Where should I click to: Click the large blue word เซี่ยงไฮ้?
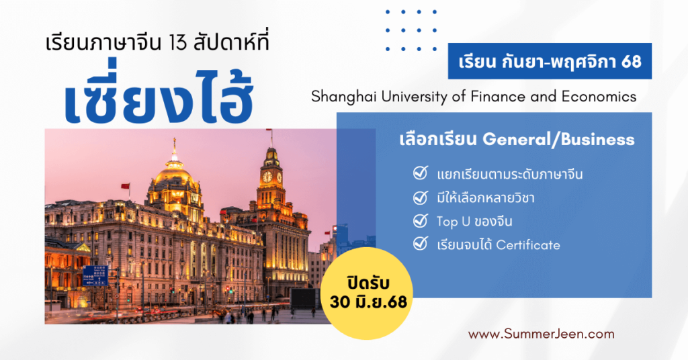159,93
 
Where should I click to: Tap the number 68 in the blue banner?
632,62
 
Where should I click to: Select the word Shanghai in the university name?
343,97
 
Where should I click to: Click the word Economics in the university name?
599,96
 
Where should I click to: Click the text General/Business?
558,140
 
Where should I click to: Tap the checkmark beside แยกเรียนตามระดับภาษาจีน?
421,173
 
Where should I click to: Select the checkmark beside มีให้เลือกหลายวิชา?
421,197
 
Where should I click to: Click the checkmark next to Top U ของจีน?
421,220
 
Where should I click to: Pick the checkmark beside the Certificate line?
421,243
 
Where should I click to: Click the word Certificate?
528,244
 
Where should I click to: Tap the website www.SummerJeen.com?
542,334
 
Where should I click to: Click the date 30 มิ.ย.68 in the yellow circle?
369,302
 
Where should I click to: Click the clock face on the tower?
267,177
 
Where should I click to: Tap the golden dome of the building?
174,175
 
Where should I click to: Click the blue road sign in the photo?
95,276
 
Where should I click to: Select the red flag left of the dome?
126,186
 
